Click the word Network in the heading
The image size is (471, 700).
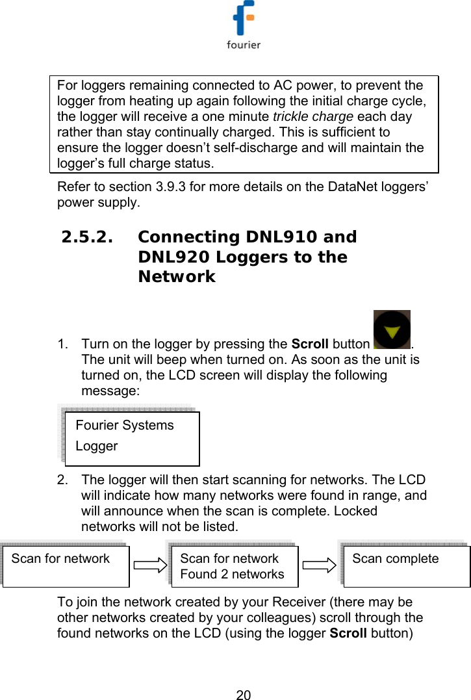[x=176, y=277]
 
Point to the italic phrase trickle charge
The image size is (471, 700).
[x=312, y=117]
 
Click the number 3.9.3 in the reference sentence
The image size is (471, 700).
[x=170, y=188]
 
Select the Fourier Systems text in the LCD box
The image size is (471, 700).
[x=125, y=426]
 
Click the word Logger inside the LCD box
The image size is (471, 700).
[x=97, y=447]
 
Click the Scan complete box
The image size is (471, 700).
[x=406, y=565]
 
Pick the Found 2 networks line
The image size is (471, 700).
[x=232, y=575]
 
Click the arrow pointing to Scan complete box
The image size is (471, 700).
[x=318, y=565]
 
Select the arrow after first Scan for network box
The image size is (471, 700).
[x=150, y=566]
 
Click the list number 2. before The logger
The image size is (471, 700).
[x=64, y=480]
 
